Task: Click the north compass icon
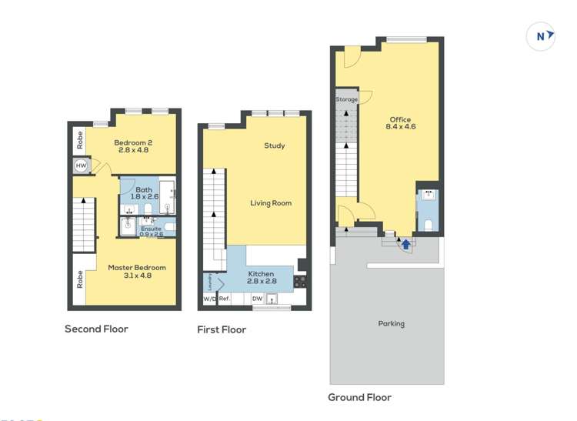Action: (541, 36)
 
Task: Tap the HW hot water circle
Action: (81, 165)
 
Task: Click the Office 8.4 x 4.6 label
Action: (400, 123)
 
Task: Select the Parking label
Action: (391, 324)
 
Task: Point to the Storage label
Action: (346, 99)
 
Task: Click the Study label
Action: (274, 145)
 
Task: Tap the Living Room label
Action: (271, 203)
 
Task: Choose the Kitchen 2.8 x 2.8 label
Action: (261, 278)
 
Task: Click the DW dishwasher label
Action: (257, 299)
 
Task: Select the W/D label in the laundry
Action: (209, 299)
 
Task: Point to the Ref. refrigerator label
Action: (225, 299)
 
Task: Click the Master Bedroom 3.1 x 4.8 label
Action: (136, 271)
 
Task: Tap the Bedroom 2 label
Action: (133, 146)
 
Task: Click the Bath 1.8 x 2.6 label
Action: (144, 193)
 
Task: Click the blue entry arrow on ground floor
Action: (405, 245)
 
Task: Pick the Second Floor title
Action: (96, 329)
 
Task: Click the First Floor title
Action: (222, 329)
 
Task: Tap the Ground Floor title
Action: (359, 397)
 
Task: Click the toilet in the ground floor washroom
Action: (429, 225)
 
